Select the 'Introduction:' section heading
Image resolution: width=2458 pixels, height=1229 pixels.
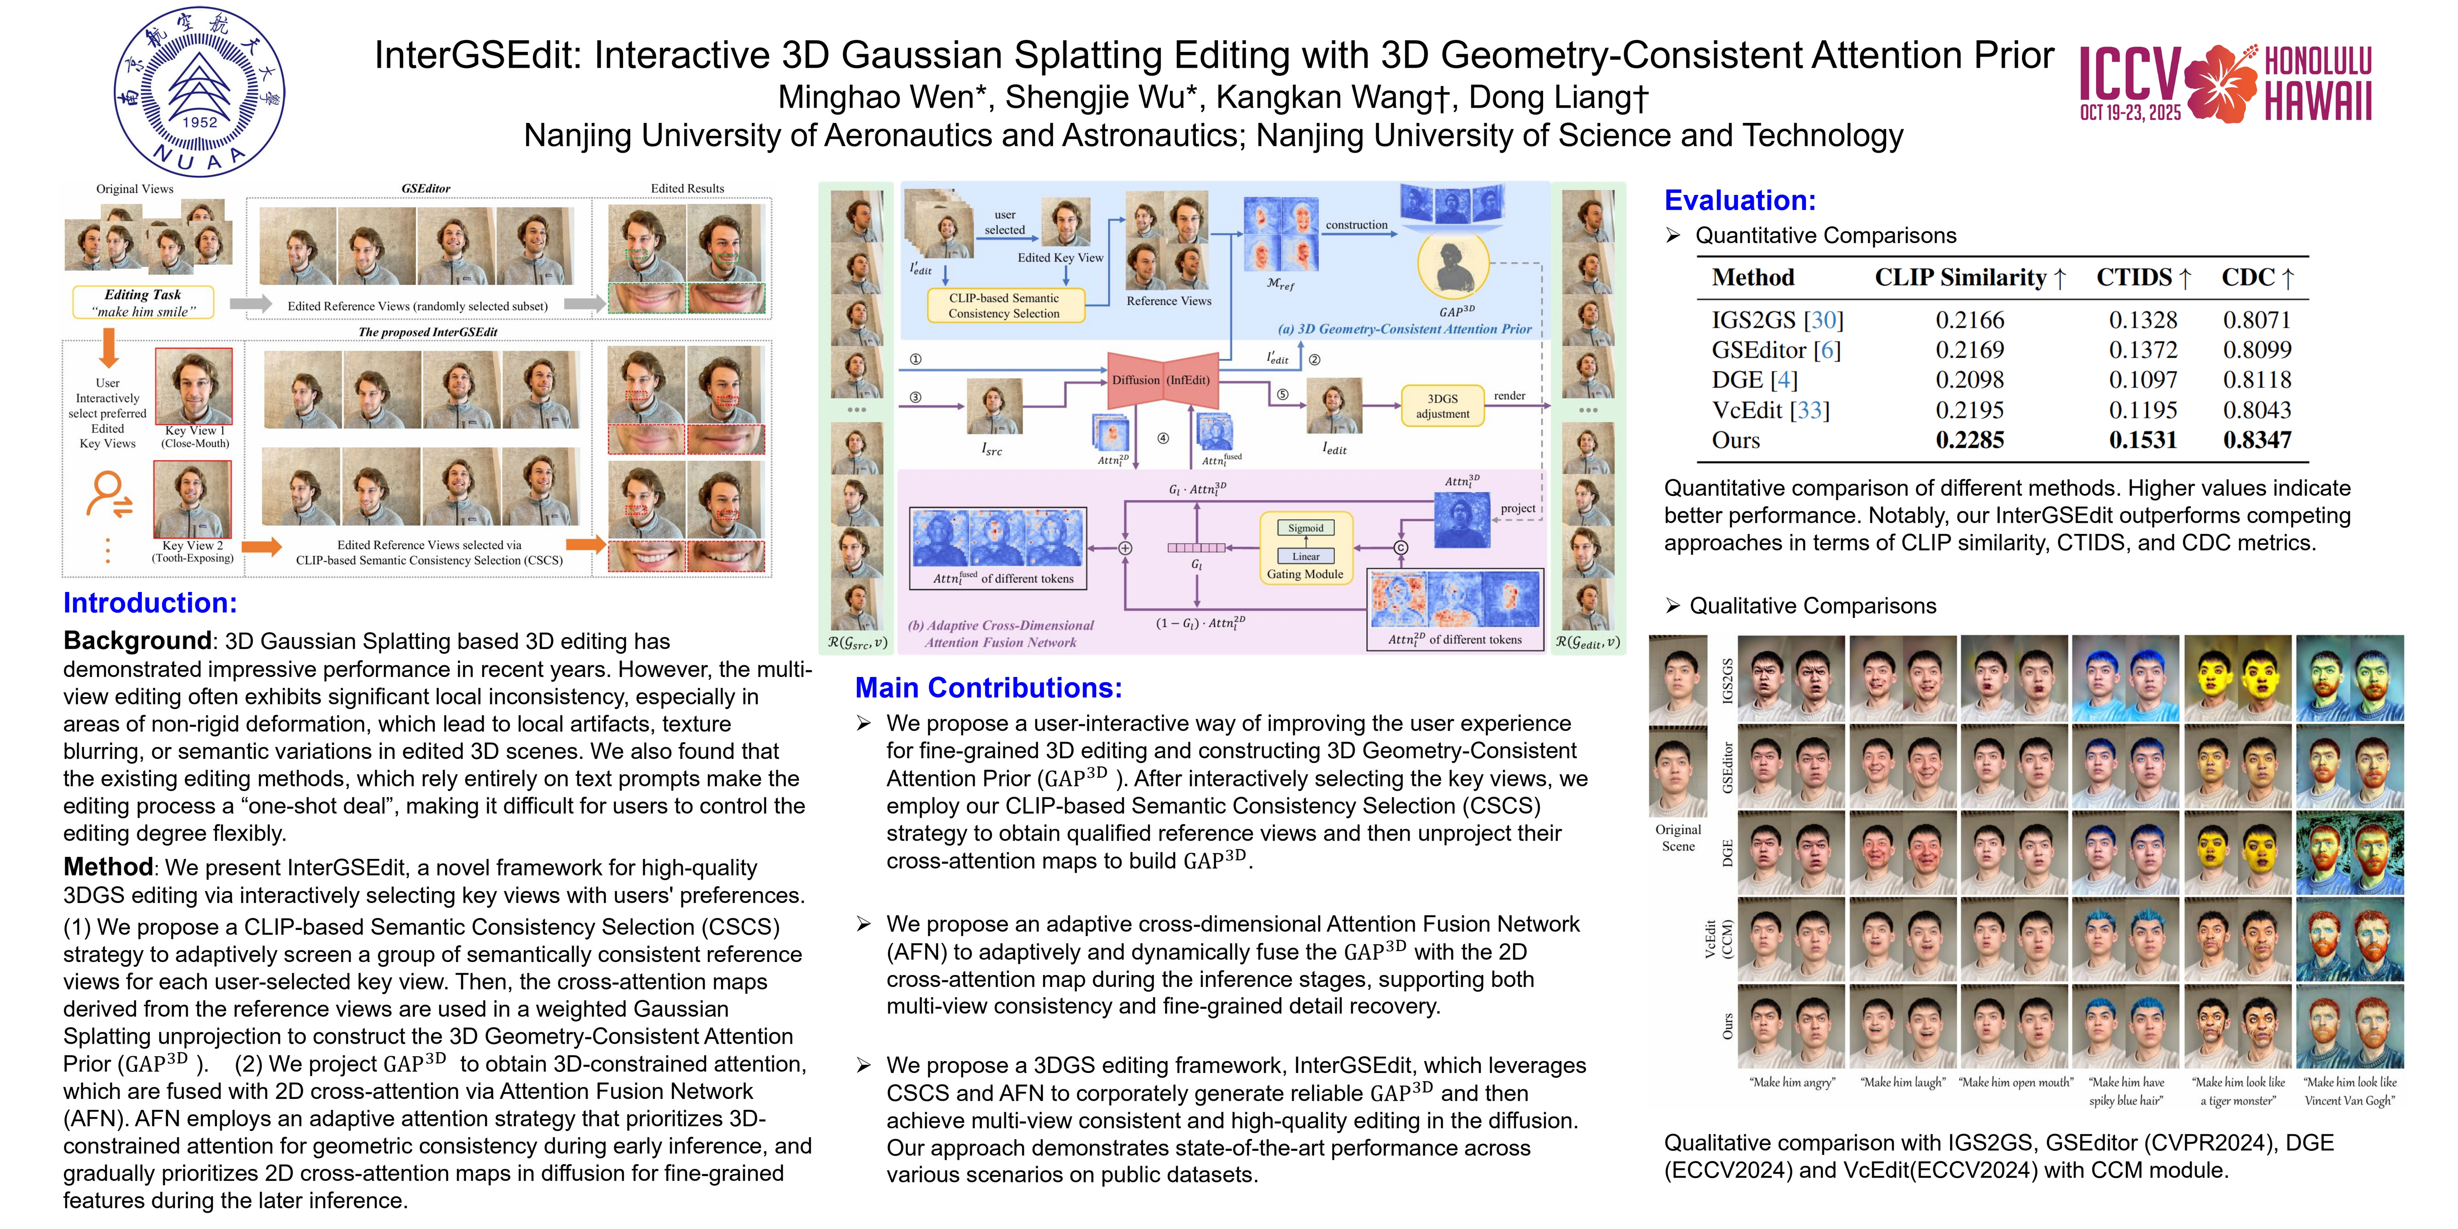pos(150,603)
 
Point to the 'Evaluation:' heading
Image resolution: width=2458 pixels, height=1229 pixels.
pos(1739,200)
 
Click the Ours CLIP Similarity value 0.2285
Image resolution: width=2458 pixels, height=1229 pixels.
pos(1969,440)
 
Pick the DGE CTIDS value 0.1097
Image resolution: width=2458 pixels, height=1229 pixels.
pos(2143,380)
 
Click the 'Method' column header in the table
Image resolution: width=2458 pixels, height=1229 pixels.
pos(1753,277)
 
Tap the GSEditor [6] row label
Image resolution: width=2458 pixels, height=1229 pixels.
pos(1776,350)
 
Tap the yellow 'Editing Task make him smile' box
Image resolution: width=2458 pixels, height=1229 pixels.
pos(143,302)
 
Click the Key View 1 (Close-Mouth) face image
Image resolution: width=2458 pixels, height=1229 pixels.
pos(193,386)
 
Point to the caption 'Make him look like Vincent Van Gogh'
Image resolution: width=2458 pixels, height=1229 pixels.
pos(2349,1091)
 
